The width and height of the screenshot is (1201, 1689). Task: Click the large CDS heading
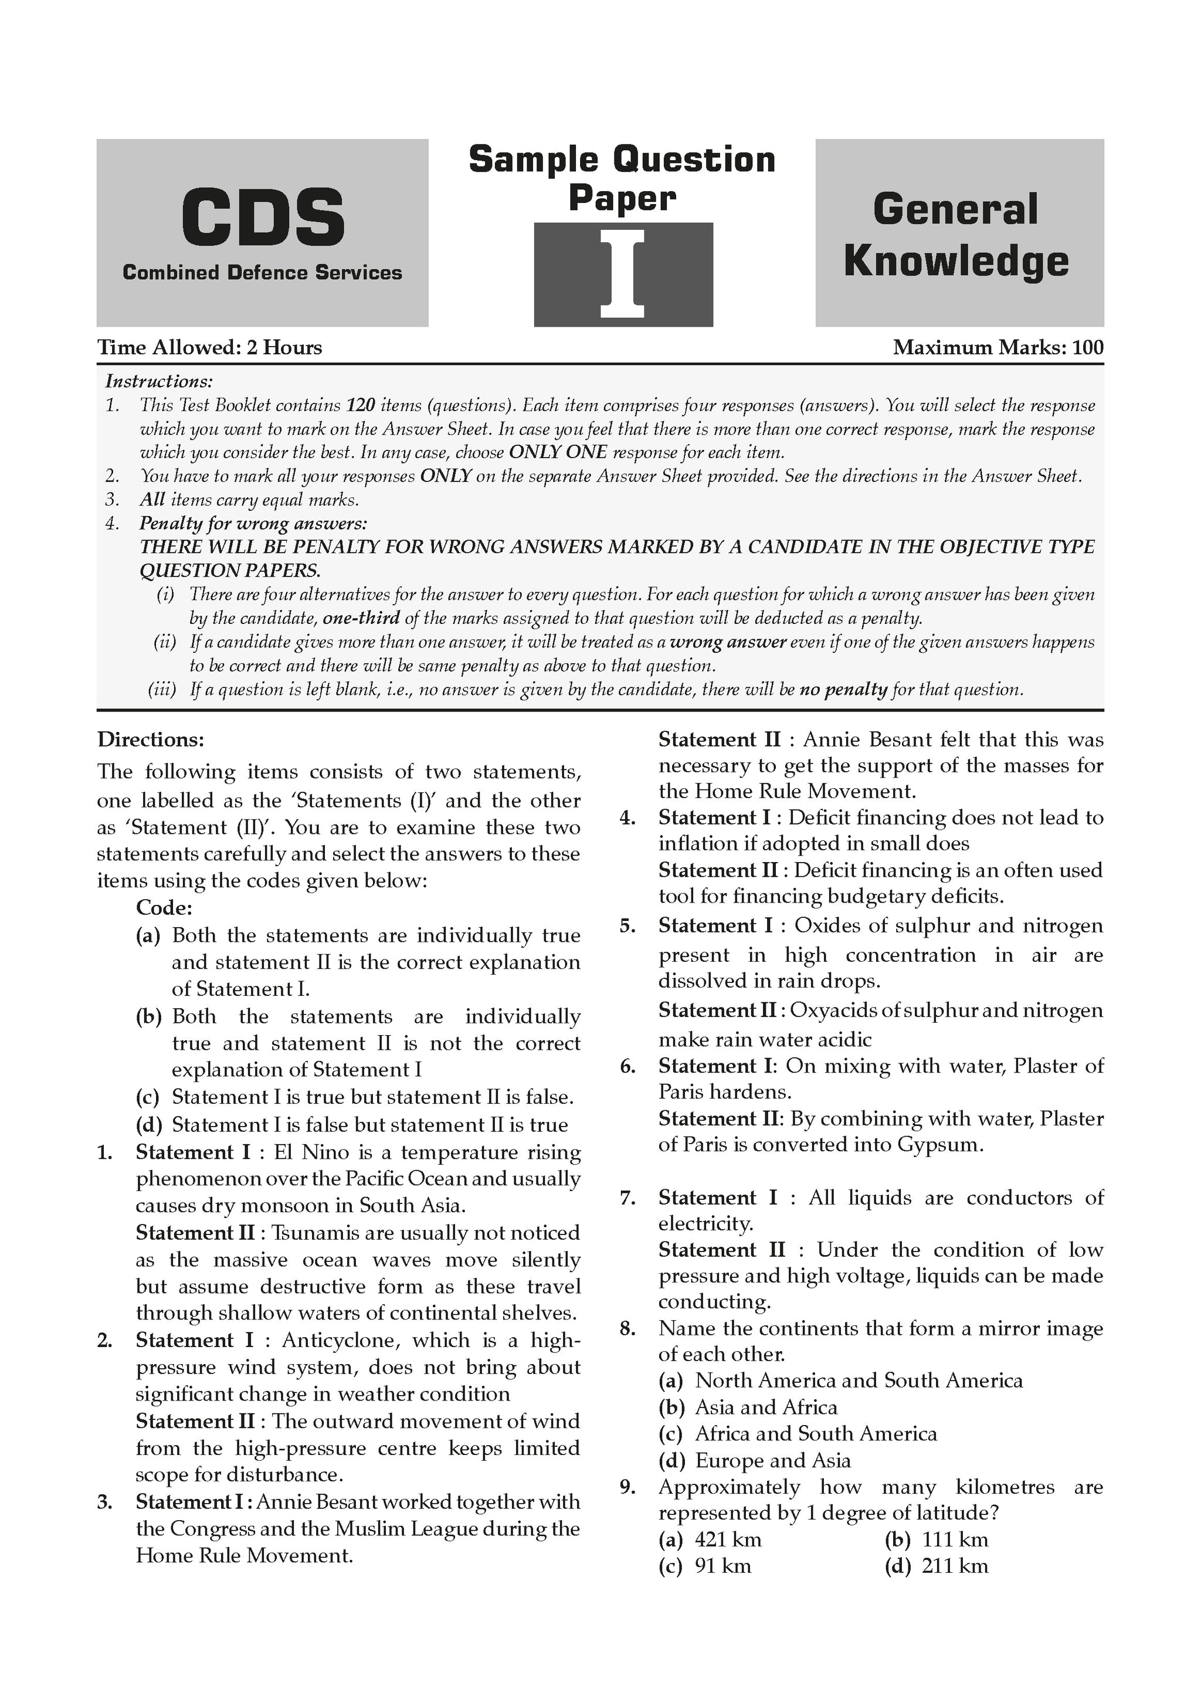click(263, 218)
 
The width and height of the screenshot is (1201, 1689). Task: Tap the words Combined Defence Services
click(263, 273)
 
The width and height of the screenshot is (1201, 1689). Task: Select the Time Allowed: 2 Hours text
click(210, 348)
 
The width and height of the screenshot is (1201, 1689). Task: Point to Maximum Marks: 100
click(998, 348)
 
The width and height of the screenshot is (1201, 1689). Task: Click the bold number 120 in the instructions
click(361, 405)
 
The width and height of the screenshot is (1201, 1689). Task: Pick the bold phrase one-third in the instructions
click(362, 618)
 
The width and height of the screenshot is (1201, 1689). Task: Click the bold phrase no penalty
click(843, 690)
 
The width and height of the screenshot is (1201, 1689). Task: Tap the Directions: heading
click(151, 740)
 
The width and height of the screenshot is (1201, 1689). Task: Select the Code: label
click(164, 907)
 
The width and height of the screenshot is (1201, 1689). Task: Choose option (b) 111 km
click(937, 1539)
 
